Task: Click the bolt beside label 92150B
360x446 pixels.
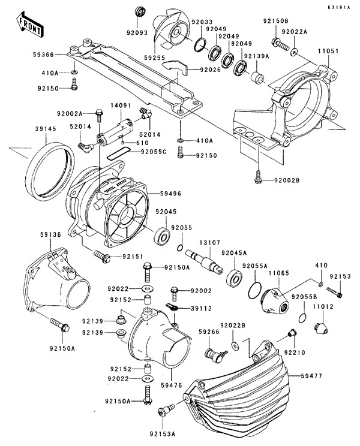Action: (x=279, y=43)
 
